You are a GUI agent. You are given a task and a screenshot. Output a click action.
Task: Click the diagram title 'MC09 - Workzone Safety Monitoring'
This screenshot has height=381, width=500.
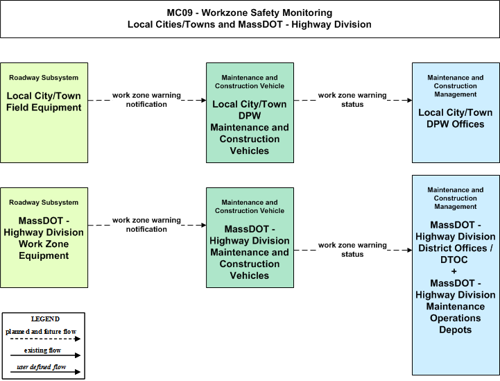click(x=250, y=12)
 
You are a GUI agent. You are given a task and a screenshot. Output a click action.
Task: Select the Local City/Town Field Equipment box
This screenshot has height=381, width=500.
click(x=44, y=112)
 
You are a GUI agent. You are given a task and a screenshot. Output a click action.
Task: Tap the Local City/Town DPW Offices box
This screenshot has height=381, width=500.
click(x=456, y=112)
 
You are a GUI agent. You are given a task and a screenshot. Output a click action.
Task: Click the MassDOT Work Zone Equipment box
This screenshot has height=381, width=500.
click(x=44, y=238)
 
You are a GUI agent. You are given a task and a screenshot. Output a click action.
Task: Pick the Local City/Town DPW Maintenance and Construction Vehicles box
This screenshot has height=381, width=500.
click(x=250, y=112)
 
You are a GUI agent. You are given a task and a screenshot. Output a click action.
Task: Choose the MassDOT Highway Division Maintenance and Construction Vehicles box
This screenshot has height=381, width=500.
click(x=250, y=238)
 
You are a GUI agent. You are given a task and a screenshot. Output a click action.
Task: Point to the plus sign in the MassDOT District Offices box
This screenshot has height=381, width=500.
click(x=454, y=271)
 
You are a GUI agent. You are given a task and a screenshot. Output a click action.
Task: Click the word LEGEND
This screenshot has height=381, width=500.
click(x=45, y=319)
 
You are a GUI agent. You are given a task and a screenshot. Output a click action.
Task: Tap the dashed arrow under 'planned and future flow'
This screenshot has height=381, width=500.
click(x=45, y=339)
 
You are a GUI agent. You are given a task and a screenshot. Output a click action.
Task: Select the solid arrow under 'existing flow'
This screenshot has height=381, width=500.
click(x=45, y=355)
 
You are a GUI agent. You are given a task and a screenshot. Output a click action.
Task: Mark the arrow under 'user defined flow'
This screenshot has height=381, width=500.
click(x=45, y=372)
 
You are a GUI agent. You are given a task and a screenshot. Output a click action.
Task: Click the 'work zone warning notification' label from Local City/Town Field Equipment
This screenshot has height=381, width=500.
click(x=146, y=100)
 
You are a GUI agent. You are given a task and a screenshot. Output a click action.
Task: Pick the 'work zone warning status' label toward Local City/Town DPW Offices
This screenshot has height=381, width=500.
click(x=352, y=100)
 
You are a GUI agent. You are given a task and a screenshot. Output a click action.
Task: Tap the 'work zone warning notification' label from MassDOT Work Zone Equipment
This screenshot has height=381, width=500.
click(x=146, y=225)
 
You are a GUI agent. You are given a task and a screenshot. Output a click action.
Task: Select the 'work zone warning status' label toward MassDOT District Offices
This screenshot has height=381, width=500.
click(x=352, y=250)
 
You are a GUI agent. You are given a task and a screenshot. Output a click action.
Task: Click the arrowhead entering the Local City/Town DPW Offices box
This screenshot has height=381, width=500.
click(x=409, y=100)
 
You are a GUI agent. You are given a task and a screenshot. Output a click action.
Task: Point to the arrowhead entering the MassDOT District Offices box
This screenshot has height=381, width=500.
click(x=409, y=250)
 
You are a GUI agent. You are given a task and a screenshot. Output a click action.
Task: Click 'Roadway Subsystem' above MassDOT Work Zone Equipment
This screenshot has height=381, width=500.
click(x=44, y=203)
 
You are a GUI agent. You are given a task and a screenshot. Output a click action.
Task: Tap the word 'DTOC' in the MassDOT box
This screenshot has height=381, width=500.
click(x=454, y=260)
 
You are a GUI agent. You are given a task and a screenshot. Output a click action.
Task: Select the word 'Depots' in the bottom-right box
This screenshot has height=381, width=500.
click(x=456, y=330)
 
